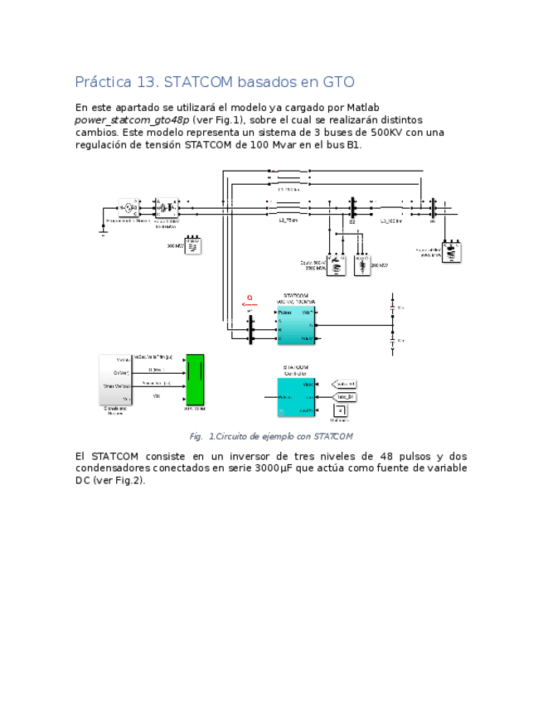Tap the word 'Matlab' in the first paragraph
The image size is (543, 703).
tap(363, 108)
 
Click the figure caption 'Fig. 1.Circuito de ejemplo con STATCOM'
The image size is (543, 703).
tap(271, 436)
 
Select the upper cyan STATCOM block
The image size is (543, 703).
tap(296, 326)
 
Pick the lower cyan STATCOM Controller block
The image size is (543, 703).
tap(296, 397)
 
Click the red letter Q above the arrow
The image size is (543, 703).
tap(249, 298)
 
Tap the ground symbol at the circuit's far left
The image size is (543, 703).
tap(104, 233)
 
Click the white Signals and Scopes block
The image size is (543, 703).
tap(115, 379)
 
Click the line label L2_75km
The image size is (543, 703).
tap(288, 221)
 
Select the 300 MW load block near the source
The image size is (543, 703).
tap(192, 246)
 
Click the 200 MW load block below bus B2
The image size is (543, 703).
tap(362, 264)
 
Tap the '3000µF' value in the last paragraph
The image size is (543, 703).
tap(278, 468)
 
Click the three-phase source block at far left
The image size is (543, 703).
tap(128, 207)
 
